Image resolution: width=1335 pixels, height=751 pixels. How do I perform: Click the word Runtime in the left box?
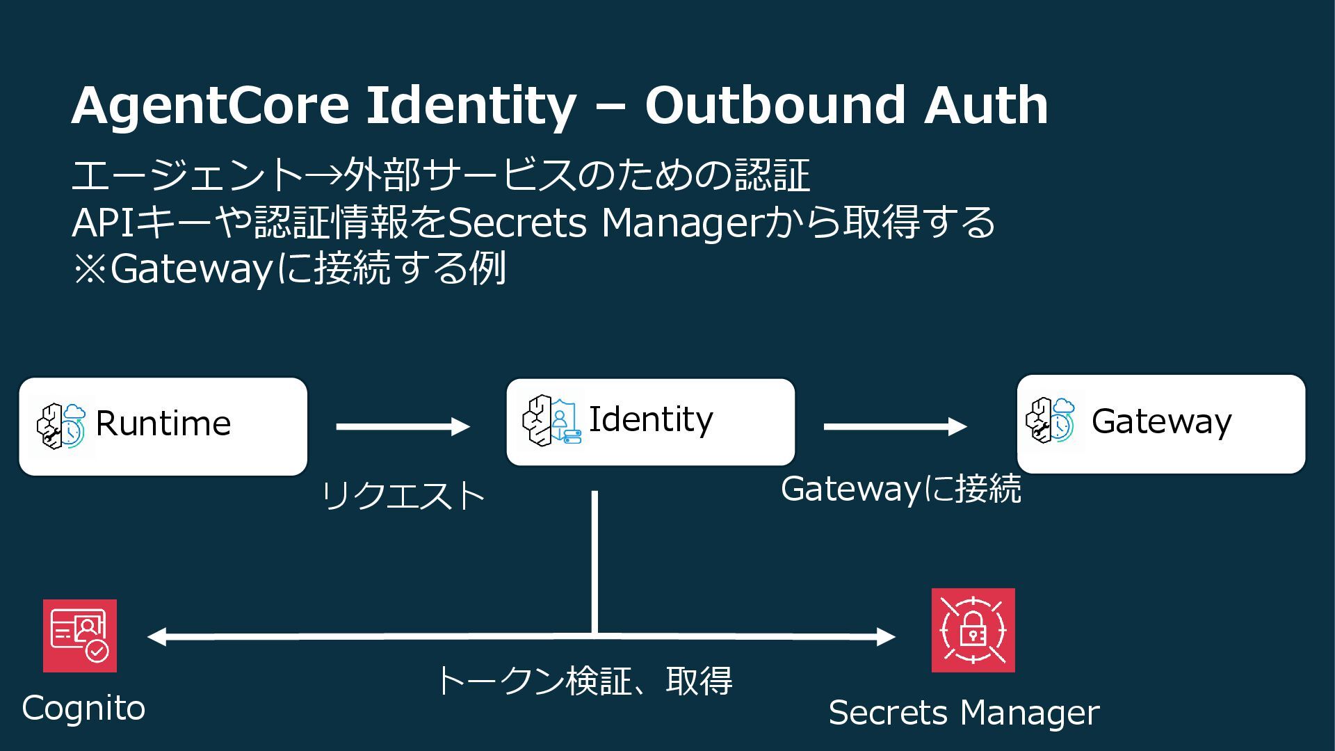[x=163, y=423]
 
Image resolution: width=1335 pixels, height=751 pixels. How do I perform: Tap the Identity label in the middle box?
[x=651, y=419]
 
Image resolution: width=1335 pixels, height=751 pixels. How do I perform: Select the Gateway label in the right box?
[x=1161, y=421]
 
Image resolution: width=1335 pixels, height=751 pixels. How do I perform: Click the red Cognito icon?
[x=80, y=636]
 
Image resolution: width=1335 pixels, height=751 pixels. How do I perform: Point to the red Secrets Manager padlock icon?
[x=973, y=630]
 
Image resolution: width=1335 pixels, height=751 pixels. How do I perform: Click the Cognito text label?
[x=83, y=709]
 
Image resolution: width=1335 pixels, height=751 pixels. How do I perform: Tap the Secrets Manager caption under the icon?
[x=964, y=713]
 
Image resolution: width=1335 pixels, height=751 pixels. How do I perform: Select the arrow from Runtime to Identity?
[x=403, y=426]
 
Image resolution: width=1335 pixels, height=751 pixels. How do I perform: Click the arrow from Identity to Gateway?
[x=895, y=426]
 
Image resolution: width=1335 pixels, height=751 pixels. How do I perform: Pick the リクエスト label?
[x=403, y=496]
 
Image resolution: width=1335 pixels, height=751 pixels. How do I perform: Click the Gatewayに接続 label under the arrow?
[x=901, y=489]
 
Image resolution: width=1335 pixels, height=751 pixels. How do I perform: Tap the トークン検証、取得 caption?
[x=584, y=681]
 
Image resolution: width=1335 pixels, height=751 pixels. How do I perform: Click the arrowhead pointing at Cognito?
[x=157, y=636]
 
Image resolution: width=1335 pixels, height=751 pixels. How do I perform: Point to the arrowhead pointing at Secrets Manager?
[x=886, y=636]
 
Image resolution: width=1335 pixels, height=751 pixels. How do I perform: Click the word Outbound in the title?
[x=775, y=105]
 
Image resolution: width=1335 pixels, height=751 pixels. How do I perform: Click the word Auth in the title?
[x=986, y=105]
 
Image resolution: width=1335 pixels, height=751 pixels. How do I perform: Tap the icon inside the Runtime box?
[x=61, y=425]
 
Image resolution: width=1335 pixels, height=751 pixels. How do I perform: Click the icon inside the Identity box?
[x=551, y=421]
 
